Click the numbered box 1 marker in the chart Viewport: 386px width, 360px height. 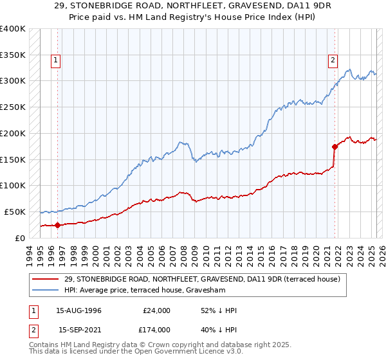[x=57, y=61]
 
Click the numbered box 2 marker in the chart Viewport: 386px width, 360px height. [x=333, y=61]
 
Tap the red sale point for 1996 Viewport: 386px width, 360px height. [x=57, y=225]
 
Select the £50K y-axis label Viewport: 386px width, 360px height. [x=15, y=212]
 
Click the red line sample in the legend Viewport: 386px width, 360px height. [x=46, y=280]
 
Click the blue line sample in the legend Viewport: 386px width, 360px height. [x=46, y=291]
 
